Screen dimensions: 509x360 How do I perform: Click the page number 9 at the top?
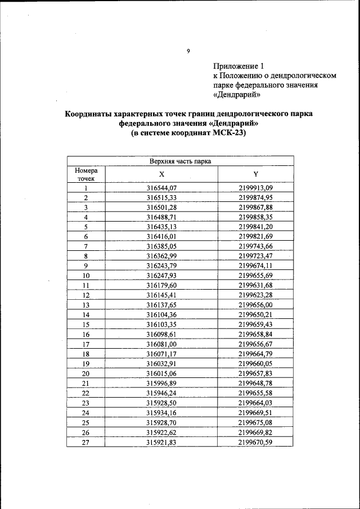[x=188, y=51]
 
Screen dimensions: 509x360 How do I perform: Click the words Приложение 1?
[x=238, y=65]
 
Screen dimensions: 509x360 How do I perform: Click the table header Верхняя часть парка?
[x=180, y=161]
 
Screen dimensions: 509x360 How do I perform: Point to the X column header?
[x=161, y=174]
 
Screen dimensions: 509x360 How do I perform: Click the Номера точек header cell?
[x=86, y=174]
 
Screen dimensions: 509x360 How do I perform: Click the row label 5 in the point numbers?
[x=86, y=227]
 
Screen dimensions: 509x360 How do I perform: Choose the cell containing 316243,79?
[x=161, y=265]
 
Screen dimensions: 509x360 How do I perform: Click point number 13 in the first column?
[x=86, y=304]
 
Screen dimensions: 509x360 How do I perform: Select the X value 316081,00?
[x=161, y=343]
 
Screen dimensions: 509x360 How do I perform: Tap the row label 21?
[x=86, y=382]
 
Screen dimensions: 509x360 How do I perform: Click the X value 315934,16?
[x=161, y=412]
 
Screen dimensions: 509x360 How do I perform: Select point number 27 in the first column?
[x=86, y=442]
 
